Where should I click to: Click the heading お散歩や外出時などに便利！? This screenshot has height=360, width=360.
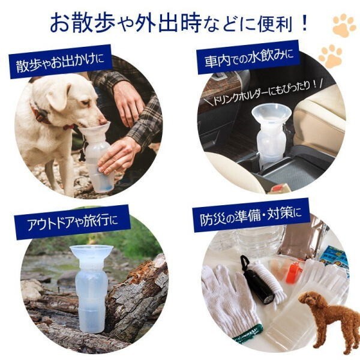point(179,23)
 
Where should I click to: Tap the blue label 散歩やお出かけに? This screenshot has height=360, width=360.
point(61,62)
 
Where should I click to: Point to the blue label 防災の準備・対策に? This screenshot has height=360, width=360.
point(251,216)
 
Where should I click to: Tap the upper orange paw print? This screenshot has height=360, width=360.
point(344,25)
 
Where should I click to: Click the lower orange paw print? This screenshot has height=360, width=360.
point(331,56)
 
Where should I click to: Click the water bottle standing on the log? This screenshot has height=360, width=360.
point(91,288)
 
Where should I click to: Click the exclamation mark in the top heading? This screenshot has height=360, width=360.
point(304,23)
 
